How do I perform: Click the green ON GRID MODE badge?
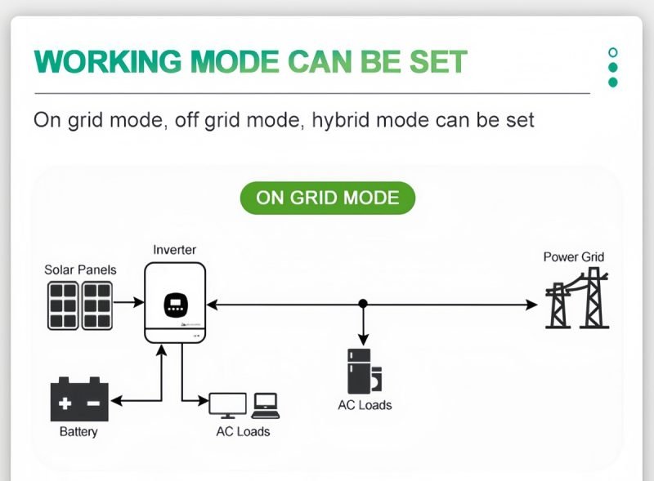(x=327, y=198)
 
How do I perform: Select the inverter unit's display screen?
(x=177, y=305)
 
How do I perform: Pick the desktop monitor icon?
(x=228, y=404)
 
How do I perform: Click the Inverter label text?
(x=175, y=249)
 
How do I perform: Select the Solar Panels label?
(x=80, y=269)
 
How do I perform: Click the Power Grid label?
(x=574, y=257)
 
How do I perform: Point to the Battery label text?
(x=78, y=431)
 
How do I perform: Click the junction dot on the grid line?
(x=363, y=304)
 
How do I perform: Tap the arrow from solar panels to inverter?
(x=128, y=303)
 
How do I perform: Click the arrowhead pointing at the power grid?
(x=533, y=305)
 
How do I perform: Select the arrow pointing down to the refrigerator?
(x=363, y=327)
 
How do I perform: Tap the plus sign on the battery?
(x=66, y=403)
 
